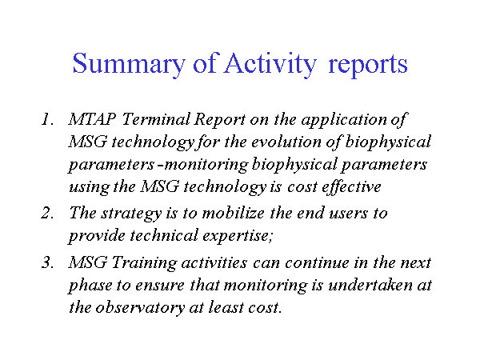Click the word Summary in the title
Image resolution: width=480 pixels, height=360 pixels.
tap(129, 64)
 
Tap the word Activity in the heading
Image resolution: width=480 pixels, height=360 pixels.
tap(270, 64)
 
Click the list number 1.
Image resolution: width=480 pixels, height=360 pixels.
tap(47, 119)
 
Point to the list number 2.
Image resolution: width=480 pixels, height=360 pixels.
tap(47, 213)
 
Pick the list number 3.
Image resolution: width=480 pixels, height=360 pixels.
tap(47, 262)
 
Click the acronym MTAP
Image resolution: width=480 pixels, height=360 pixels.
tap(92, 119)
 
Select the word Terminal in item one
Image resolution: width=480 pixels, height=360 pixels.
tap(156, 119)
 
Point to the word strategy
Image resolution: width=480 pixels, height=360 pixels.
tap(131, 214)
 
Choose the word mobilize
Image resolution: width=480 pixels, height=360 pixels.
tap(234, 213)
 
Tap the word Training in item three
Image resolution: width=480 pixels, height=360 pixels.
tap(144, 263)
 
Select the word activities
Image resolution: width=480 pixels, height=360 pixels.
tap(214, 262)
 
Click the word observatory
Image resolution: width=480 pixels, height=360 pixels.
tap(140, 309)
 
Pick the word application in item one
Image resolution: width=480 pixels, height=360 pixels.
tap(344, 120)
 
